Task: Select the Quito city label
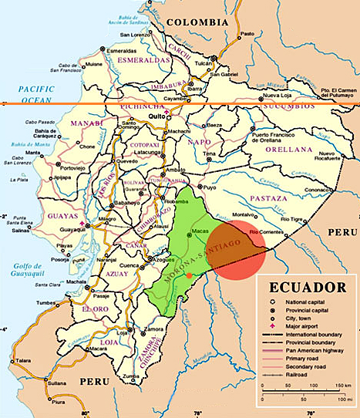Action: pyautogui.click(x=156, y=116)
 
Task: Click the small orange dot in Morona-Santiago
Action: pyautogui.click(x=189, y=275)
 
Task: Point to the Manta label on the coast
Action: pyautogui.click(x=33, y=153)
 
